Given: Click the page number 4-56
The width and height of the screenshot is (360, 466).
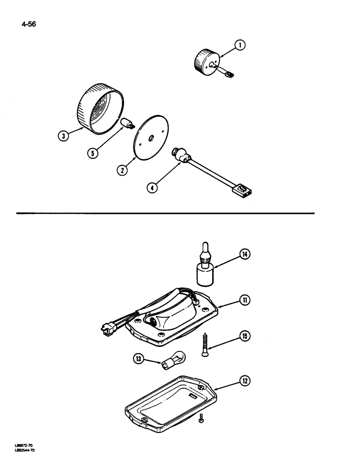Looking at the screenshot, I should [28, 21].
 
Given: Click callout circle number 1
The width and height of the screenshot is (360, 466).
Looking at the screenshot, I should [240, 45].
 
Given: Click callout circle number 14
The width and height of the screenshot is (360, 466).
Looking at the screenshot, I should [244, 254].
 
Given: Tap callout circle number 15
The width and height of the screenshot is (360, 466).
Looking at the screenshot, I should [244, 335].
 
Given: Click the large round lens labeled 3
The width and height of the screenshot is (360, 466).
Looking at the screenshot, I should [100, 109].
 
